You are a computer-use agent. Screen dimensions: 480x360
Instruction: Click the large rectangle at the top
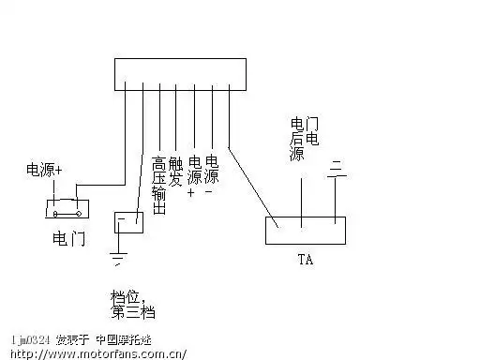(179, 71)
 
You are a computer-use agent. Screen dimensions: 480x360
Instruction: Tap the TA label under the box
(304, 259)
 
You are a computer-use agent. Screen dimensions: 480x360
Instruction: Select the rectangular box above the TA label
(306, 231)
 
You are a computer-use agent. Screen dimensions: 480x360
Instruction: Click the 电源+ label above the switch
(44, 170)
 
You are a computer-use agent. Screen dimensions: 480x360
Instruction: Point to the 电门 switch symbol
(65, 206)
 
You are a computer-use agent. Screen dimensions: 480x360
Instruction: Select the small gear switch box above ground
(127, 222)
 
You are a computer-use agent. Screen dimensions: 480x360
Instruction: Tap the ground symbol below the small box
(119, 254)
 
